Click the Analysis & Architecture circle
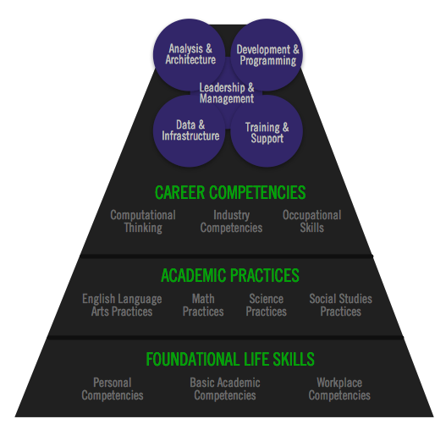point(190,55)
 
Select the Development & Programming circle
point(267,55)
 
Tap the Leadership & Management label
point(227,93)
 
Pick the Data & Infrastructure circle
point(190,130)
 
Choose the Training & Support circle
point(267,130)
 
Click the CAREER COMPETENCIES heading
point(230,192)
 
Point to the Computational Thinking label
point(143,222)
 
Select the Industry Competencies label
point(231,222)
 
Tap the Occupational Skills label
point(312,222)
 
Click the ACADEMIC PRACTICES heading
point(230,275)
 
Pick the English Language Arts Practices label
point(122,305)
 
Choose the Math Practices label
point(203,305)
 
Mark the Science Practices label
point(267,305)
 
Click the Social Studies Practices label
point(341,305)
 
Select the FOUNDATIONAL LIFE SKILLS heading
point(230,359)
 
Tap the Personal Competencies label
point(113,389)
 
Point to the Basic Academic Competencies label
point(225,389)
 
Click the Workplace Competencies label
point(339,389)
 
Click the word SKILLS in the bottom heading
point(294,359)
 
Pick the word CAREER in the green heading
point(179,192)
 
